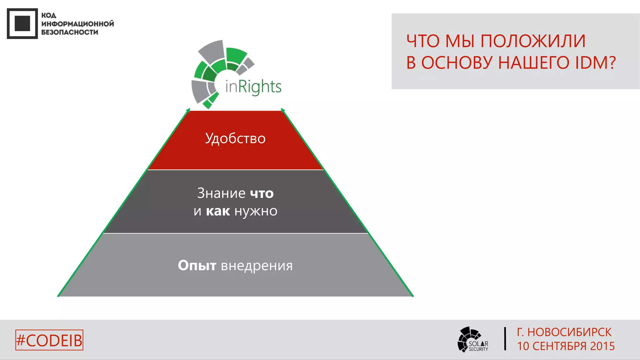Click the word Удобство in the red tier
[235, 138]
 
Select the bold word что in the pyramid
[262, 193]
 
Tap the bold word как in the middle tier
[218, 211]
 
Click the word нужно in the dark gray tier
[256, 212]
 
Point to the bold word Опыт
[197, 266]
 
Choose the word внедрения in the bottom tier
[257, 266]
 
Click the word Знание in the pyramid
[221, 193]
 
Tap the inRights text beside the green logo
[253, 87]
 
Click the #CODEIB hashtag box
[49, 340]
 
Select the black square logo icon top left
[22, 24]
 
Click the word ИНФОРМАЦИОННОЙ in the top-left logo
[77, 24]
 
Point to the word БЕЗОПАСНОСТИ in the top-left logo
[70, 32]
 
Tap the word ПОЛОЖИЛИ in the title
[532, 41]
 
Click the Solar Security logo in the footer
[472, 340]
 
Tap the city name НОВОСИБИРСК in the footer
[569, 332]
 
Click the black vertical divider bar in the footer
[505, 339]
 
